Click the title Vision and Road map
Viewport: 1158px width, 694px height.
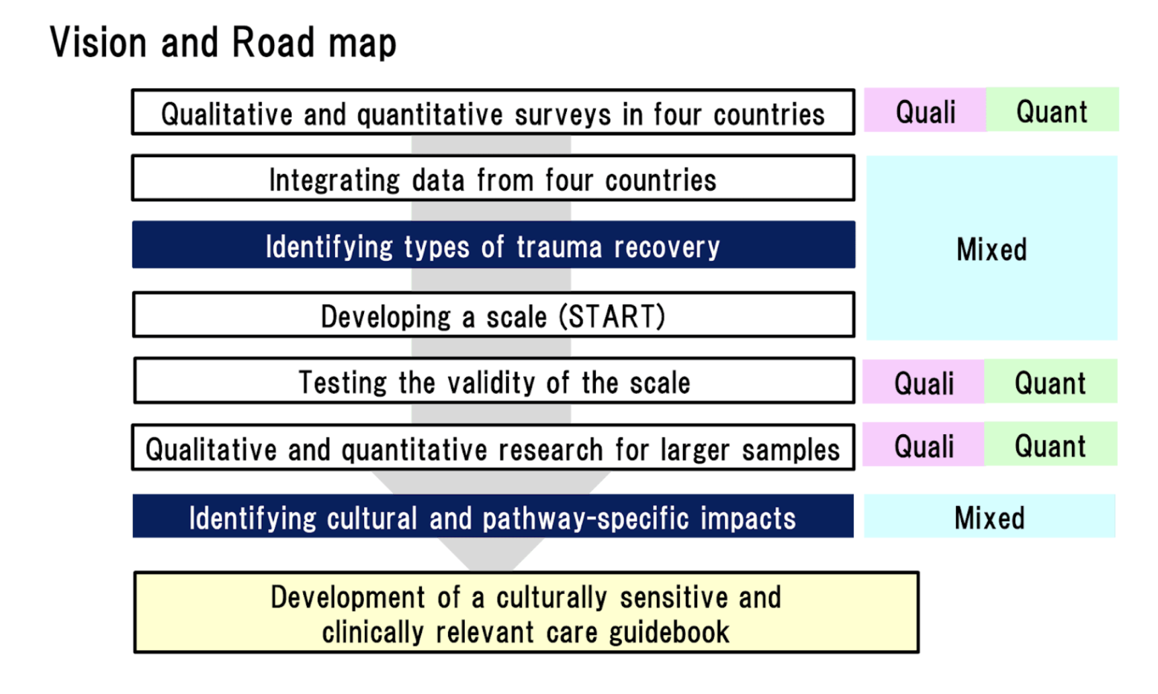click(223, 43)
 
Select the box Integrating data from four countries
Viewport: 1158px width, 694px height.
click(493, 179)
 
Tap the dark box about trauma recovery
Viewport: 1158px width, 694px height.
click(494, 245)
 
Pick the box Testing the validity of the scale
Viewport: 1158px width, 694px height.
click(494, 381)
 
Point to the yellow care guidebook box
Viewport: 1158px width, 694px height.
click(527, 612)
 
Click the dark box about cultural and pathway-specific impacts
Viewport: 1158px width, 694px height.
click(493, 516)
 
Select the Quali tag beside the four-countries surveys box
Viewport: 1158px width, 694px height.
click(925, 110)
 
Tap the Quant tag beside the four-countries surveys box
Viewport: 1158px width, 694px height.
click(1052, 110)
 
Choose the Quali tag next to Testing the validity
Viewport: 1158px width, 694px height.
click(924, 382)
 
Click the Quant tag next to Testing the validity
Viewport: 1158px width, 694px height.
click(1051, 382)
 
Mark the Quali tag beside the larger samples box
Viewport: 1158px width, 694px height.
click(924, 444)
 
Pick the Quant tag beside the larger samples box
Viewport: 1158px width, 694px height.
click(1051, 444)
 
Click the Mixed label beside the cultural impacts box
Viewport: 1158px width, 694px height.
click(989, 517)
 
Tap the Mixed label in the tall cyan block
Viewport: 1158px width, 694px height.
click(991, 249)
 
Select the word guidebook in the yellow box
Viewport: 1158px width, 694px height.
click(669, 632)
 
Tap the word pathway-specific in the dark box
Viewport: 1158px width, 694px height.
click(586, 518)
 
